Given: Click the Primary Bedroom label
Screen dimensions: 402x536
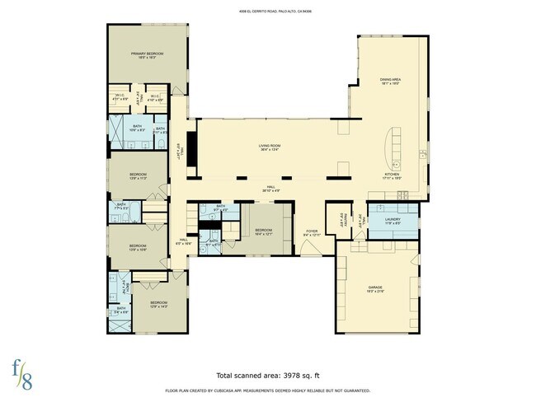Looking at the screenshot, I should [x=148, y=56].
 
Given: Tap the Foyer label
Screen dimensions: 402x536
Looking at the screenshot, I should [x=312, y=234].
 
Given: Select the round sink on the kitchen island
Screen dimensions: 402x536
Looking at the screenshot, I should [x=395, y=164].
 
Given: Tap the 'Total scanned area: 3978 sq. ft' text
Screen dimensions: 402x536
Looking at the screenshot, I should [x=267, y=374].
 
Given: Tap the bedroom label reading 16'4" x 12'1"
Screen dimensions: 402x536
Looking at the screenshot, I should [x=264, y=231].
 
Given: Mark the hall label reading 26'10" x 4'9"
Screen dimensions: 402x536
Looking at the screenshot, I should [x=266, y=188].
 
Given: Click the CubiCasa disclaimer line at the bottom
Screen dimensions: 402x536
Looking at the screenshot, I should [x=267, y=390].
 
